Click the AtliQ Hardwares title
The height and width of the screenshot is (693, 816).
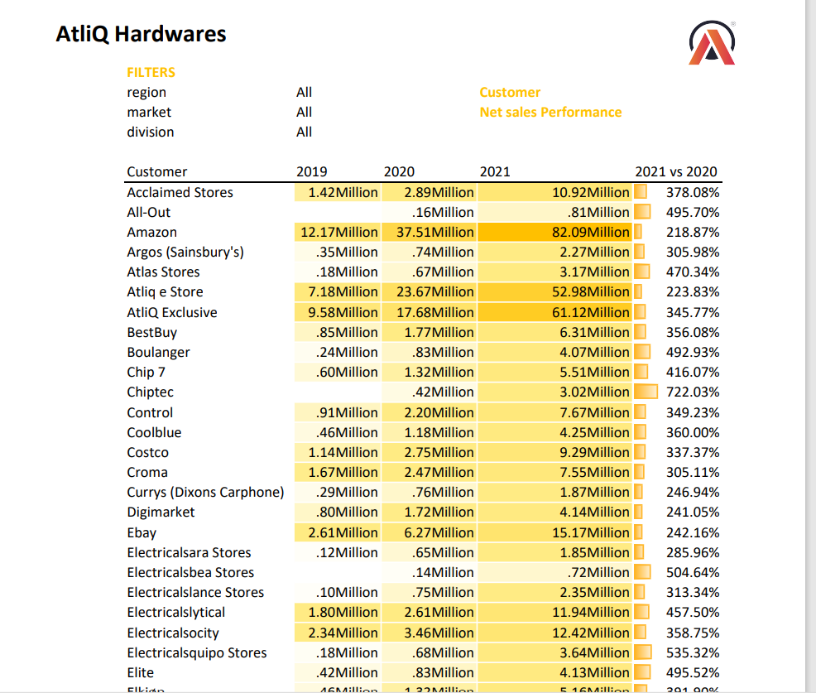[x=141, y=34]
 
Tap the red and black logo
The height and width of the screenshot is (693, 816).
[x=712, y=43]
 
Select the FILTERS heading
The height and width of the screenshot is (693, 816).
[x=151, y=72]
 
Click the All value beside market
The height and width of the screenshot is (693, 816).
[x=304, y=112]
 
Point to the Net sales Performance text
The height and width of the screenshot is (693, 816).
[x=550, y=112]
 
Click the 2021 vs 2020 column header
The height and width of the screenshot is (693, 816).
[x=675, y=171]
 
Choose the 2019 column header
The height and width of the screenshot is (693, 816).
[x=311, y=171]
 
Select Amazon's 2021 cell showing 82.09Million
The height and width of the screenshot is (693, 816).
[x=590, y=232]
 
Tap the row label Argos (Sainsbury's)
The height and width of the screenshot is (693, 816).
[x=185, y=252]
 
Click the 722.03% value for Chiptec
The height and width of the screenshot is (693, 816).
[x=693, y=392]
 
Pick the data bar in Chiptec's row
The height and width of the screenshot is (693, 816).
[x=646, y=392]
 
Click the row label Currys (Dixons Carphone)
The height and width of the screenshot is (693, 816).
[x=205, y=492]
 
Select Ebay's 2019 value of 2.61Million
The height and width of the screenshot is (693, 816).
[x=343, y=532]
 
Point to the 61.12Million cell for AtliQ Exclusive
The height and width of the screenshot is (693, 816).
[x=590, y=312]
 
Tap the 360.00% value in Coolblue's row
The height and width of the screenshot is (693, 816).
[x=693, y=432]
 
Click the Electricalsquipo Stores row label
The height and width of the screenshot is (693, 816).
[x=197, y=652]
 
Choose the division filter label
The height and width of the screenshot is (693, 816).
[x=151, y=132]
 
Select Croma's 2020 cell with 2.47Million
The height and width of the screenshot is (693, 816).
[x=439, y=472]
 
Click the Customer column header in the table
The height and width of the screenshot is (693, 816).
[x=157, y=171]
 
